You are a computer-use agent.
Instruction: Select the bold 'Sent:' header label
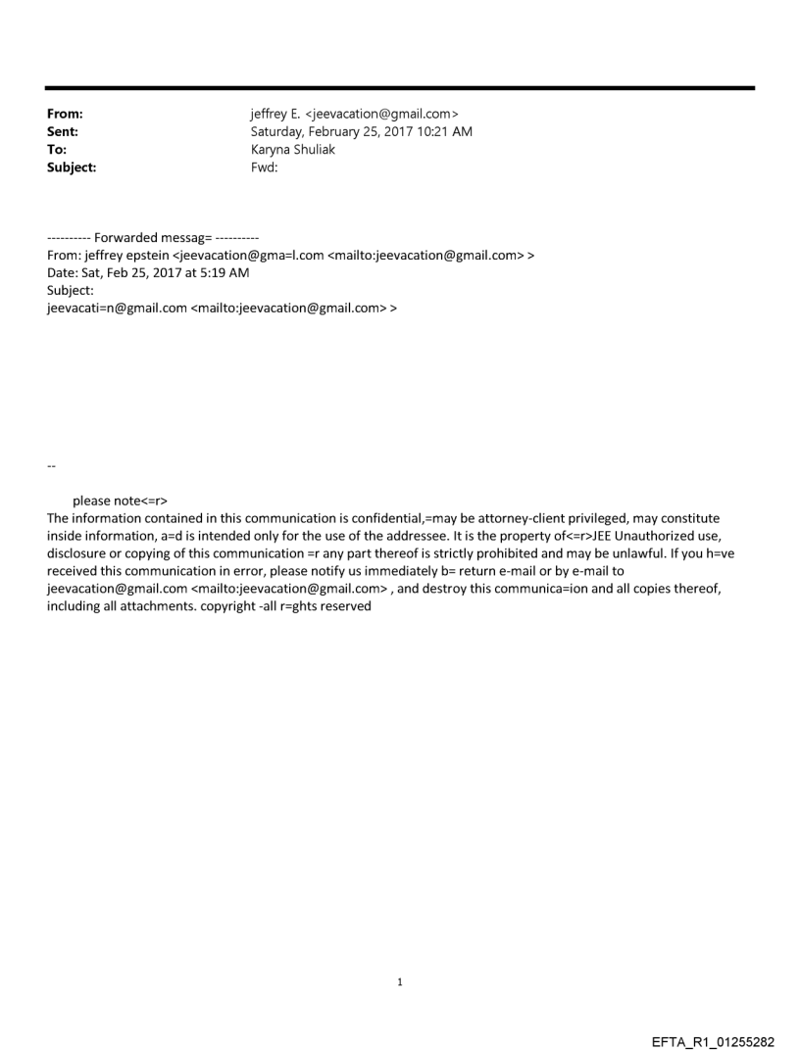pos(63,132)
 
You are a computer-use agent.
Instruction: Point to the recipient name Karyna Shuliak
pos(294,150)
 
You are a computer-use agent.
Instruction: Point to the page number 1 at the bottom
pos(400,981)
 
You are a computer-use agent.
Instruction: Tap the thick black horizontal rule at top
pos(400,88)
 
